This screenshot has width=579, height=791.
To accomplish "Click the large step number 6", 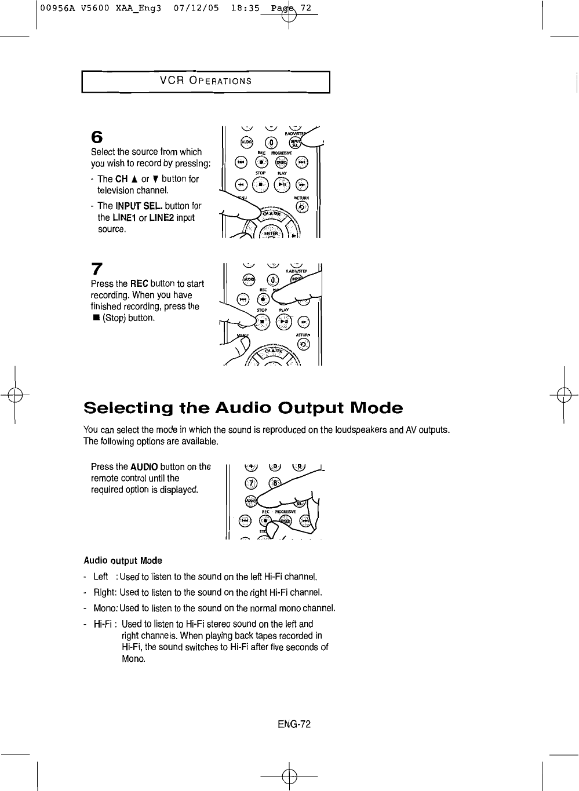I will click(x=97, y=138).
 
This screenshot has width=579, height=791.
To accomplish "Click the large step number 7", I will click(x=97, y=269).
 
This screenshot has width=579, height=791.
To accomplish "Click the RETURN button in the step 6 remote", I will click(x=302, y=207).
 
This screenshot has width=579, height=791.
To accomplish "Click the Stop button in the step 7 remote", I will click(x=263, y=323).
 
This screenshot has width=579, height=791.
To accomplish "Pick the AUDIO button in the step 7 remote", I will click(x=248, y=279).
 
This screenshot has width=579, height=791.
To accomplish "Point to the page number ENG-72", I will click(x=294, y=724).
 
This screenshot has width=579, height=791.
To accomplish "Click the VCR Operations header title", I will click(x=206, y=81).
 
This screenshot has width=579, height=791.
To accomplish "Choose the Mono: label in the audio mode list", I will click(x=105, y=608).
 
